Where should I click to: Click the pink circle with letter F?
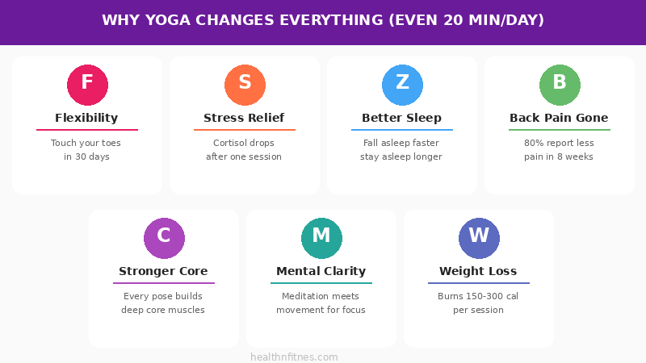(x=87, y=85)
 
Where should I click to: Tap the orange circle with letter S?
(x=245, y=85)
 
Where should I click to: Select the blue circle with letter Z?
(x=402, y=85)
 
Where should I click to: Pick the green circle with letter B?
(x=560, y=85)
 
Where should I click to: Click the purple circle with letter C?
(x=164, y=238)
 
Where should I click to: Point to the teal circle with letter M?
(x=321, y=238)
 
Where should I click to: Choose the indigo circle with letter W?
(x=479, y=238)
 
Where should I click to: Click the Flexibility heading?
(x=86, y=118)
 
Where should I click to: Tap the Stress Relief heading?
(x=244, y=118)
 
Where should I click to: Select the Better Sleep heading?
(x=401, y=118)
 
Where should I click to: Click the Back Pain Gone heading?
(x=559, y=118)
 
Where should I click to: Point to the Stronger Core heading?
(x=163, y=271)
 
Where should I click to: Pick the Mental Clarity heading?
(x=321, y=271)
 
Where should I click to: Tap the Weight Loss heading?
(x=478, y=271)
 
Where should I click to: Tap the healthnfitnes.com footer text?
(x=294, y=357)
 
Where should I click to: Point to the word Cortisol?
(x=222, y=143)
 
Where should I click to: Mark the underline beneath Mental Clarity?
(x=321, y=283)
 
